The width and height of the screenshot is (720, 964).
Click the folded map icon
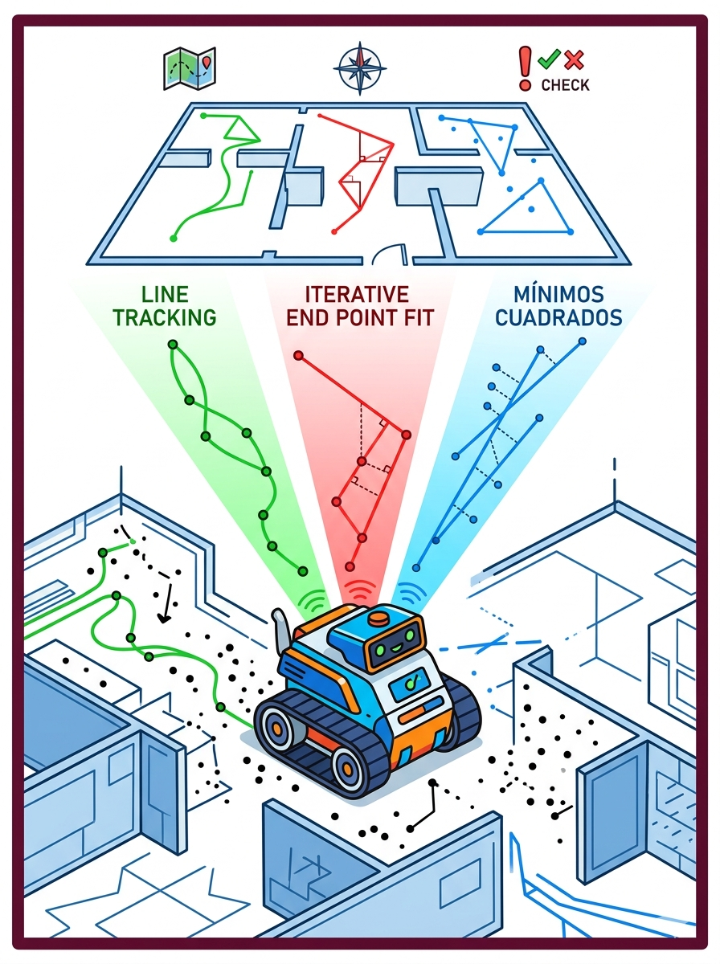coord(190,68)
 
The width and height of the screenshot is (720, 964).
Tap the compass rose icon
coord(360,68)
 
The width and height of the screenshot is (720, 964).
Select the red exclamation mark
coord(525,69)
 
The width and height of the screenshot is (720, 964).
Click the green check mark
coord(549,59)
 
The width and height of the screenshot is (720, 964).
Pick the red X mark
coord(575,59)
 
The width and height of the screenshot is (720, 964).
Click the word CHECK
coord(566,85)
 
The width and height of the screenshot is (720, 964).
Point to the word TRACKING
coord(166,317)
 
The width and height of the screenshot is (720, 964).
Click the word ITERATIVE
coord(357,294)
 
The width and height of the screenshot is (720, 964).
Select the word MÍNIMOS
coord(558,293)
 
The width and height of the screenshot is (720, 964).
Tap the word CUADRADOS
coord(558,317)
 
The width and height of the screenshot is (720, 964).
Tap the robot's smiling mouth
coord(395,647)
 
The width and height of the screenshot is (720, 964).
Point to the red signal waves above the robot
coord(360,587)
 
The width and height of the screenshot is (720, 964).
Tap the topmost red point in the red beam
coord(299,355)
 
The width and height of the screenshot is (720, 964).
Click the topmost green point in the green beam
coord(173,345)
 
